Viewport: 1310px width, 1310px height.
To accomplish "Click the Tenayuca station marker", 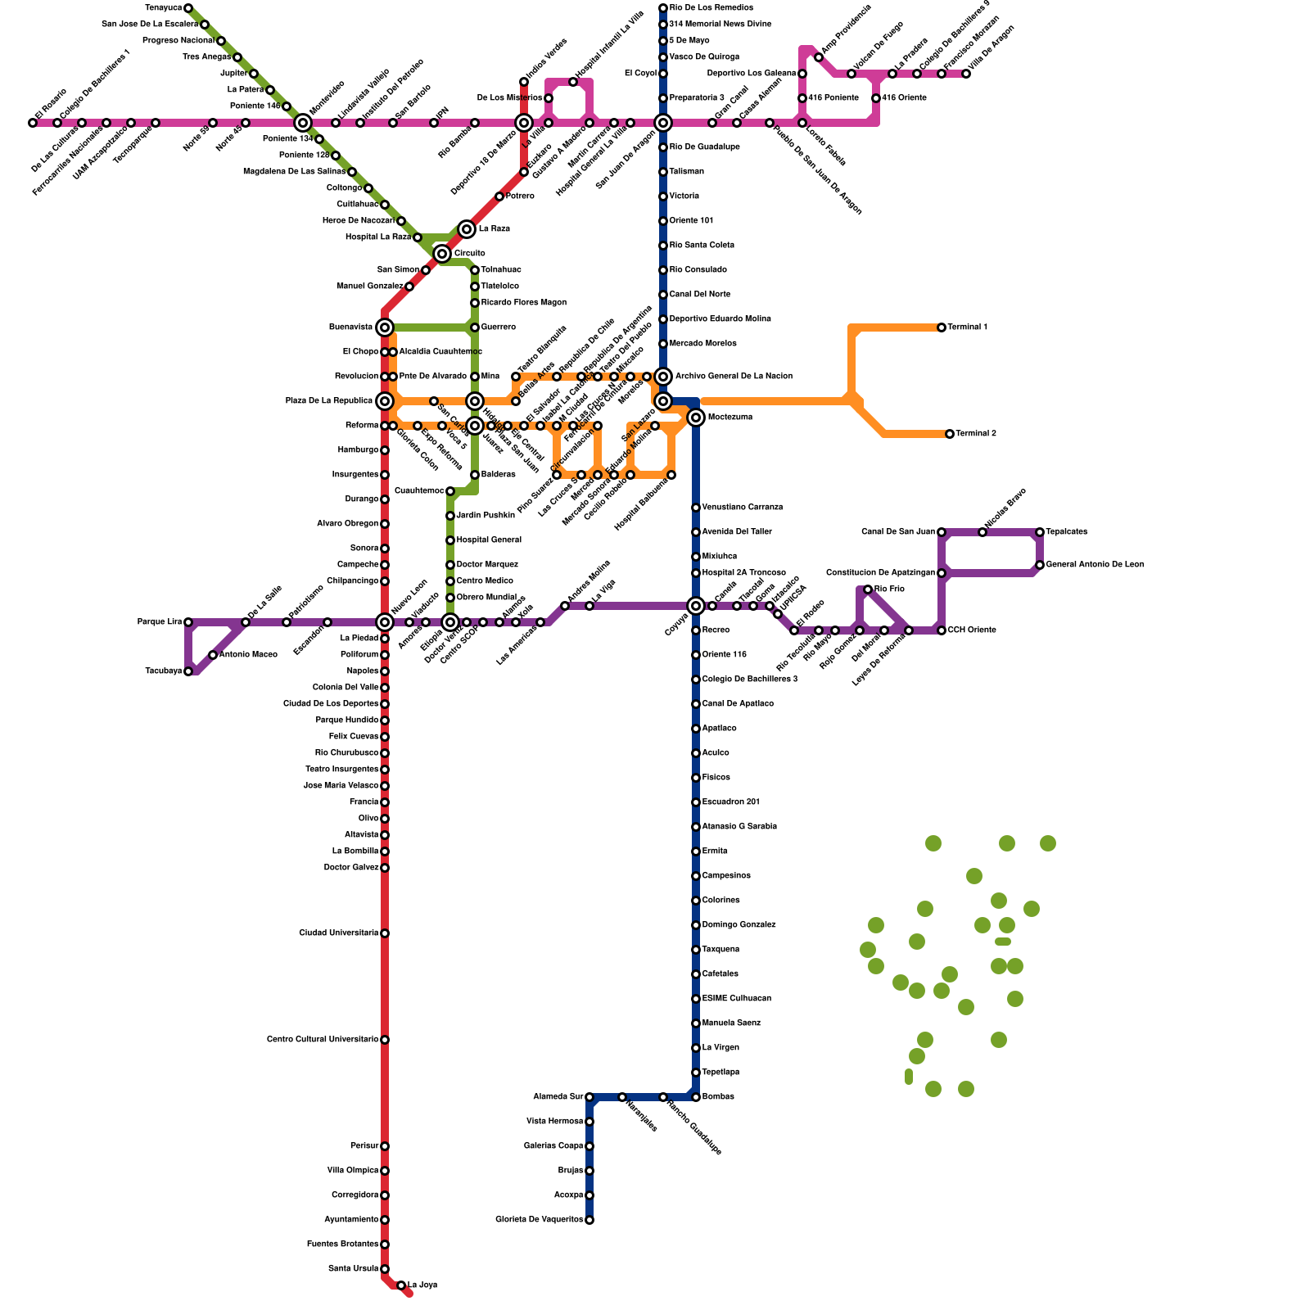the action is (x=188, y=8).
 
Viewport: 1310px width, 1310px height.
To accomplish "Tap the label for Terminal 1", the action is (x=968, y=327).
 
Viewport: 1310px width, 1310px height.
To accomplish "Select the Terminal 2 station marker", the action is (x=950, y=434).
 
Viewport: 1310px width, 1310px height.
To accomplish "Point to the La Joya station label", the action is (x=422, y=1285).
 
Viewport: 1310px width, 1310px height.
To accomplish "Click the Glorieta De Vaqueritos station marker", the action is (x=589, y=1220).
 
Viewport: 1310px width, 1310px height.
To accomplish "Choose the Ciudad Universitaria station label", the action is (x=338, y=933).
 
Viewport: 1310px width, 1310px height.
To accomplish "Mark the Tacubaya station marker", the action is (x=188, y=671).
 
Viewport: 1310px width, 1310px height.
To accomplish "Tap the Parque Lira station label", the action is (x=159, y=622).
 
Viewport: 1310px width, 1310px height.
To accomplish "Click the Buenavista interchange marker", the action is (x=385, y=327).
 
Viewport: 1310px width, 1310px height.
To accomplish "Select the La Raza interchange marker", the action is (x=467, y=229).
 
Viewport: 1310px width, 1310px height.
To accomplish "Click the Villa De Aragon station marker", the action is (x=966, y=74).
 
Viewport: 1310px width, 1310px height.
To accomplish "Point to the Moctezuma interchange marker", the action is (x=696, y=418).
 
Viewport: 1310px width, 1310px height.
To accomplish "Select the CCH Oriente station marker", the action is (x=942, y=630).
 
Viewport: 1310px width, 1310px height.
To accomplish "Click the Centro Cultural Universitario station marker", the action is (x=385, y=1040).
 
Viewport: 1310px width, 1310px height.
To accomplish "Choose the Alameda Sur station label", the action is (x=558, y=1097).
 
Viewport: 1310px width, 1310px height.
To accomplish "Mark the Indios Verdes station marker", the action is (x=524, y=82).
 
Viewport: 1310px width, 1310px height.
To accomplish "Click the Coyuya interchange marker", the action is (x=696, y=606).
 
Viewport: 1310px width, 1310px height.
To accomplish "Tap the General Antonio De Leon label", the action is (x=1095, y=565).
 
